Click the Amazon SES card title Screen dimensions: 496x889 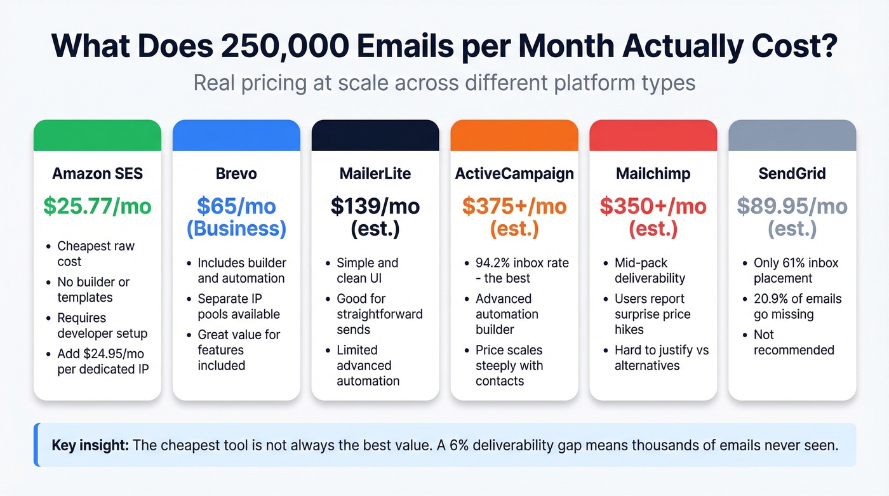tap(97, 173)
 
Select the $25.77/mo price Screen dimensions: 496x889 tap(97, 206)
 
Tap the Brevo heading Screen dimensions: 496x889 tap(236, 173)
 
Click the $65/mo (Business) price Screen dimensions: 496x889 tap(236, 217)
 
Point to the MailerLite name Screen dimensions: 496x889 tap(375, 173)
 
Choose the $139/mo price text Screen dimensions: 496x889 tap(375, 206)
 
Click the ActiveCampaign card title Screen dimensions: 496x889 tap(514, 173)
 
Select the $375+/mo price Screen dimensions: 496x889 tap(514, 206)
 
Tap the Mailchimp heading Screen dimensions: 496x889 tap(653, 173)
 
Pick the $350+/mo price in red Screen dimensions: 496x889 tap(653, 206)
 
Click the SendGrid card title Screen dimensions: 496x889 tap(792, 173)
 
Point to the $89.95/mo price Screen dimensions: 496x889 tap(792, 206)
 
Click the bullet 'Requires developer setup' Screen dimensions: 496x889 tap(102, 325)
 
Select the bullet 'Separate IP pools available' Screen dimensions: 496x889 tap(238, 306)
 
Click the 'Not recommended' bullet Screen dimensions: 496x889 tap(794, 342)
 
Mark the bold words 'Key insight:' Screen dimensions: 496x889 tap(90, 445)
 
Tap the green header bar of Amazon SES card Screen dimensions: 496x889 tap(97, 135)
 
